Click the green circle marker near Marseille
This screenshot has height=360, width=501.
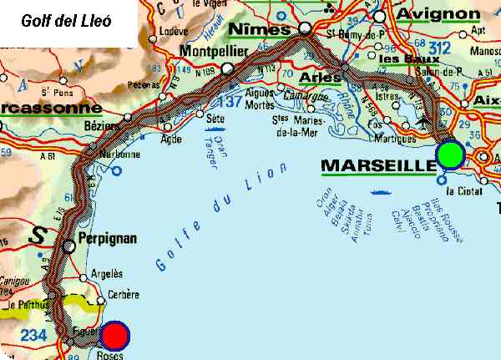click(x=450, y=155)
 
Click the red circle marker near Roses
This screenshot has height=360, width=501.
click(x=115, y=337)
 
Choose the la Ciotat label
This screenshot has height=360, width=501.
click(x=465, y=191)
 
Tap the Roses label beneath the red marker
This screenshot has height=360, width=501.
click(x=109, y=354)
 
